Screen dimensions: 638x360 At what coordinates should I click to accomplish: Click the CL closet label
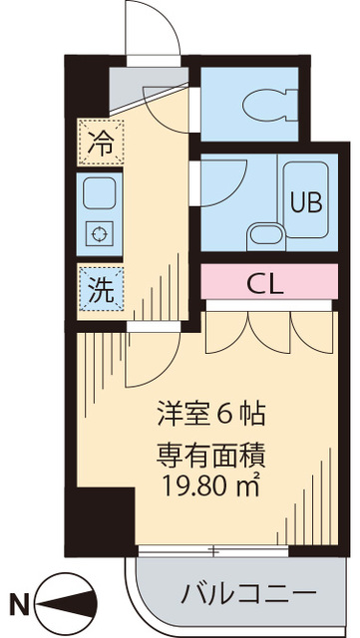[x=264, y=282]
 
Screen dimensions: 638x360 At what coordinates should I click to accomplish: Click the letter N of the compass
[x=16, y=601]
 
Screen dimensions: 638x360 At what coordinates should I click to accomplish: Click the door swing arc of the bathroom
[x=229, y=184]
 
